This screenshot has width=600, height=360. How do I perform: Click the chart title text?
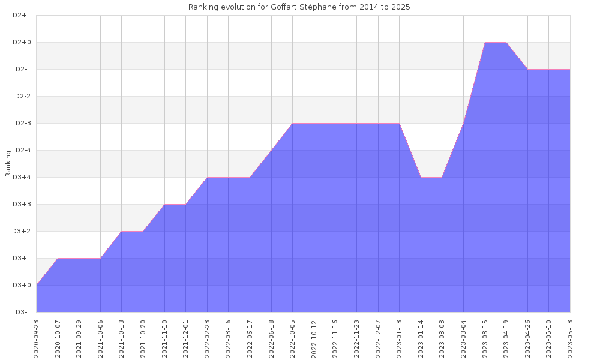(299, 7)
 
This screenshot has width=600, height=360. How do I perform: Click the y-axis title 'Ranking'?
(8, 164)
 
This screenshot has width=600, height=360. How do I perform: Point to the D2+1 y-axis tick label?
(22, 16)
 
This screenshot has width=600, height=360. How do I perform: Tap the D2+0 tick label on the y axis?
(22, 43)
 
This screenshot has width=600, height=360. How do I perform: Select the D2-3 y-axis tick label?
(22, 124)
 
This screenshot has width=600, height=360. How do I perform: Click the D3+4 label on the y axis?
(22, 178)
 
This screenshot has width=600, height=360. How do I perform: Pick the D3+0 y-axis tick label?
(22, 286)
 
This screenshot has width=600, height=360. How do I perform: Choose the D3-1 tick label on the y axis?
(22, 312)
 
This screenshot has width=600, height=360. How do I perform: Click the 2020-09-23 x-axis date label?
(37, 338)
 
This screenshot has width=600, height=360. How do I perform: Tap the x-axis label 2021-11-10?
(164, 338)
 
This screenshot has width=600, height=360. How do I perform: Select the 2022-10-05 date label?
(293, 338)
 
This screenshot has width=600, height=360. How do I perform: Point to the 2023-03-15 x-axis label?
(485, 338)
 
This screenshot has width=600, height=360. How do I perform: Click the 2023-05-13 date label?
(570, 338)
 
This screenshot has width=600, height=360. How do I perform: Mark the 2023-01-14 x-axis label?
(421, 338)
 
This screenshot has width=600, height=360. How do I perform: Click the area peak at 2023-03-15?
(485, 43)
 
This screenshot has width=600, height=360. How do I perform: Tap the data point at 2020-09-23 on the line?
(37, 285)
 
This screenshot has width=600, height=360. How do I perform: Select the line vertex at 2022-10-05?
(293, 124)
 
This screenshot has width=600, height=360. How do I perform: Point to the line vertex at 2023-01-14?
(421, 178)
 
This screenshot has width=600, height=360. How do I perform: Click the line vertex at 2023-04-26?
(527, 70)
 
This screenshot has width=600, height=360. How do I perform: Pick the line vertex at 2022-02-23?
(207, 178)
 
